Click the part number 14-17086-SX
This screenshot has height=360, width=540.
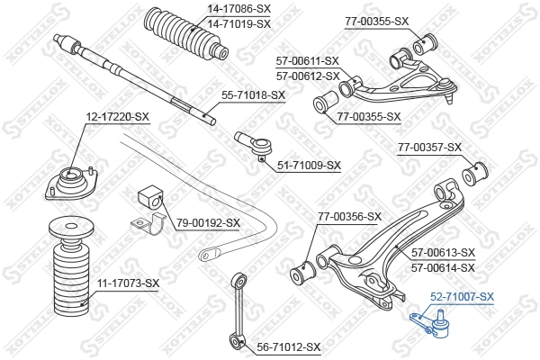[239, 9]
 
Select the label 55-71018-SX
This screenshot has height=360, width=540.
[254, 95]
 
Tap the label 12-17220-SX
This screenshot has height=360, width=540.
[117, 117]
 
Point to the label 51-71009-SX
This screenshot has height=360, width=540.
[309, 166]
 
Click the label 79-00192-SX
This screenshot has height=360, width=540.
[209, 223]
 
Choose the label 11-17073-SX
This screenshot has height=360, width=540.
[128, 283]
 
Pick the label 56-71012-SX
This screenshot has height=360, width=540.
[289, 346]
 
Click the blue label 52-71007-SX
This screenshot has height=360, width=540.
[463, 296]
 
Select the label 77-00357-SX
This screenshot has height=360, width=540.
[429, 148]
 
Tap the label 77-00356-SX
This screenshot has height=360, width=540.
[349, 217]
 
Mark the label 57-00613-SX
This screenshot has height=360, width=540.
[443, 253]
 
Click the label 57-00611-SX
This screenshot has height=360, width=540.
[308, 61]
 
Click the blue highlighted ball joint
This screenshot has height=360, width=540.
[432, 325]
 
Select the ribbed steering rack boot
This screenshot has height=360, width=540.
[186, 34]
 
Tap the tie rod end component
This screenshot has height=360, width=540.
[254, 146]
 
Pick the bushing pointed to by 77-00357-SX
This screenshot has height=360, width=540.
[474, 173]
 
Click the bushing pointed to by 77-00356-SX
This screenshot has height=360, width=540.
[303, 272]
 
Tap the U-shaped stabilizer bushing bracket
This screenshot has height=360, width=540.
[148, 224]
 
